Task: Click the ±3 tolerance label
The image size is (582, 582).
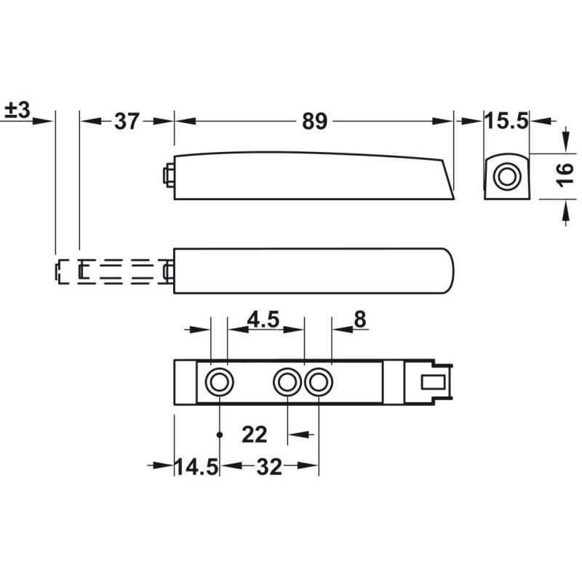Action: pyautogui.click(x=17, y=111)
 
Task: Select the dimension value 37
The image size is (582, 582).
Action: pyautogui.click(x=127, y=121)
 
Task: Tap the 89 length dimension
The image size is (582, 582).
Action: pyautogui.click(x=315, y=121)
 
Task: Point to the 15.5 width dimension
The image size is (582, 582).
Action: pyautogui.click(x=506, y=121)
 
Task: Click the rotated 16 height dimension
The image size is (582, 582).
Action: pyautogui.click(x=565, y=175)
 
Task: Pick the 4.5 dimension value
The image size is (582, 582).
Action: pyautogui.click(x=263, y=319)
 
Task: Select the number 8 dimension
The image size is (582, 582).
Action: pyautogui.click(x=360, y=319)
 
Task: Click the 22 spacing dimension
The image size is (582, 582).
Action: pyautogui.click(x=254, y=434)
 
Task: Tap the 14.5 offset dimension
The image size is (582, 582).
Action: pyautogui.click(x=196, y=466)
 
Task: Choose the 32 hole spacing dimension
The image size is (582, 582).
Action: pyautogui.click(x=269, y=467)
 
